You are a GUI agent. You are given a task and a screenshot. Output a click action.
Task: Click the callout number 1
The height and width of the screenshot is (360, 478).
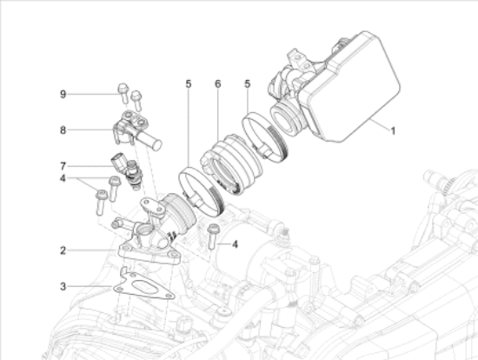(x=392, y=131)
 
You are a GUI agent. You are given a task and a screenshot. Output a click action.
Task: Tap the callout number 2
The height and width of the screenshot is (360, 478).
(x=63, y=250)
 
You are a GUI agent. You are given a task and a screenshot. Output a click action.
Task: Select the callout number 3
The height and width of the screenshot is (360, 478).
(x=63, y=285)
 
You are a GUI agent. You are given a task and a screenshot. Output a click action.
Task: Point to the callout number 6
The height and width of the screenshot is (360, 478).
(x=218, y=84)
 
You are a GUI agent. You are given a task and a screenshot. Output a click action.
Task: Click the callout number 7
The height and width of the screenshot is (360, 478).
(x=63, y=165)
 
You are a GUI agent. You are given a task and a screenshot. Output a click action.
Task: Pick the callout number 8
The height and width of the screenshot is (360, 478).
(x=63, y=130)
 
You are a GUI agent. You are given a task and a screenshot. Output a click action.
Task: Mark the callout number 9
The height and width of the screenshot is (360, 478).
(x=63, y=93)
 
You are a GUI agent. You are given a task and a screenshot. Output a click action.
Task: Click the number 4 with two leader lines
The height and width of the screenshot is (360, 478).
(x=63, y=180)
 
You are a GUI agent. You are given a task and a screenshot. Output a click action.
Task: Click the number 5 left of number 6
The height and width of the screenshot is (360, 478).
(x=188, y=84)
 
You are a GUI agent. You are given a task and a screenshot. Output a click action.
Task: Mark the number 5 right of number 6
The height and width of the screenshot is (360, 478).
(x=249, y=84)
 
